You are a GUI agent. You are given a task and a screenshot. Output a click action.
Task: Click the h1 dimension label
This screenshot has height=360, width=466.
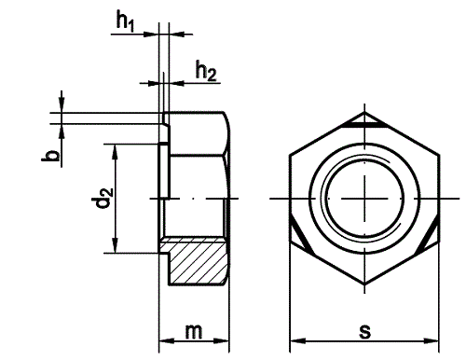(125, 21)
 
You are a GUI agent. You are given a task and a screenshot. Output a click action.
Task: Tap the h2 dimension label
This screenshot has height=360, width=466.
(206, 71)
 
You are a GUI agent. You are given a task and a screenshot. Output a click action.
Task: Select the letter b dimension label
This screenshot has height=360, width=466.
(50, 156)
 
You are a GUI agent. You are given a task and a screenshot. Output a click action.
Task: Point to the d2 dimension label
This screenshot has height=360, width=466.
(103, 199)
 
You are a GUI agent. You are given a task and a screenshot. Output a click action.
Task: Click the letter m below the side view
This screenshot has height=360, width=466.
(194, 332)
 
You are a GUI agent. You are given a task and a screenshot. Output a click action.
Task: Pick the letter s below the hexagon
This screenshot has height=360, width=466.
(365, 332)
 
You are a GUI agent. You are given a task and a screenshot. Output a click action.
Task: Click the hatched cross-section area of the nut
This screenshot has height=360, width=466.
(196, 261)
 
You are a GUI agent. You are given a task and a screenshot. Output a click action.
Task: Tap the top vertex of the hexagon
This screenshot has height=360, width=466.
(364, 112)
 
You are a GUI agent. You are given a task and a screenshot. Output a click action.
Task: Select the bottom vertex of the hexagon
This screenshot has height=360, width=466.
(364, 284)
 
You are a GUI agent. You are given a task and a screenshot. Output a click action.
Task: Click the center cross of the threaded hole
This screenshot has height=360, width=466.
(364, 199)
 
